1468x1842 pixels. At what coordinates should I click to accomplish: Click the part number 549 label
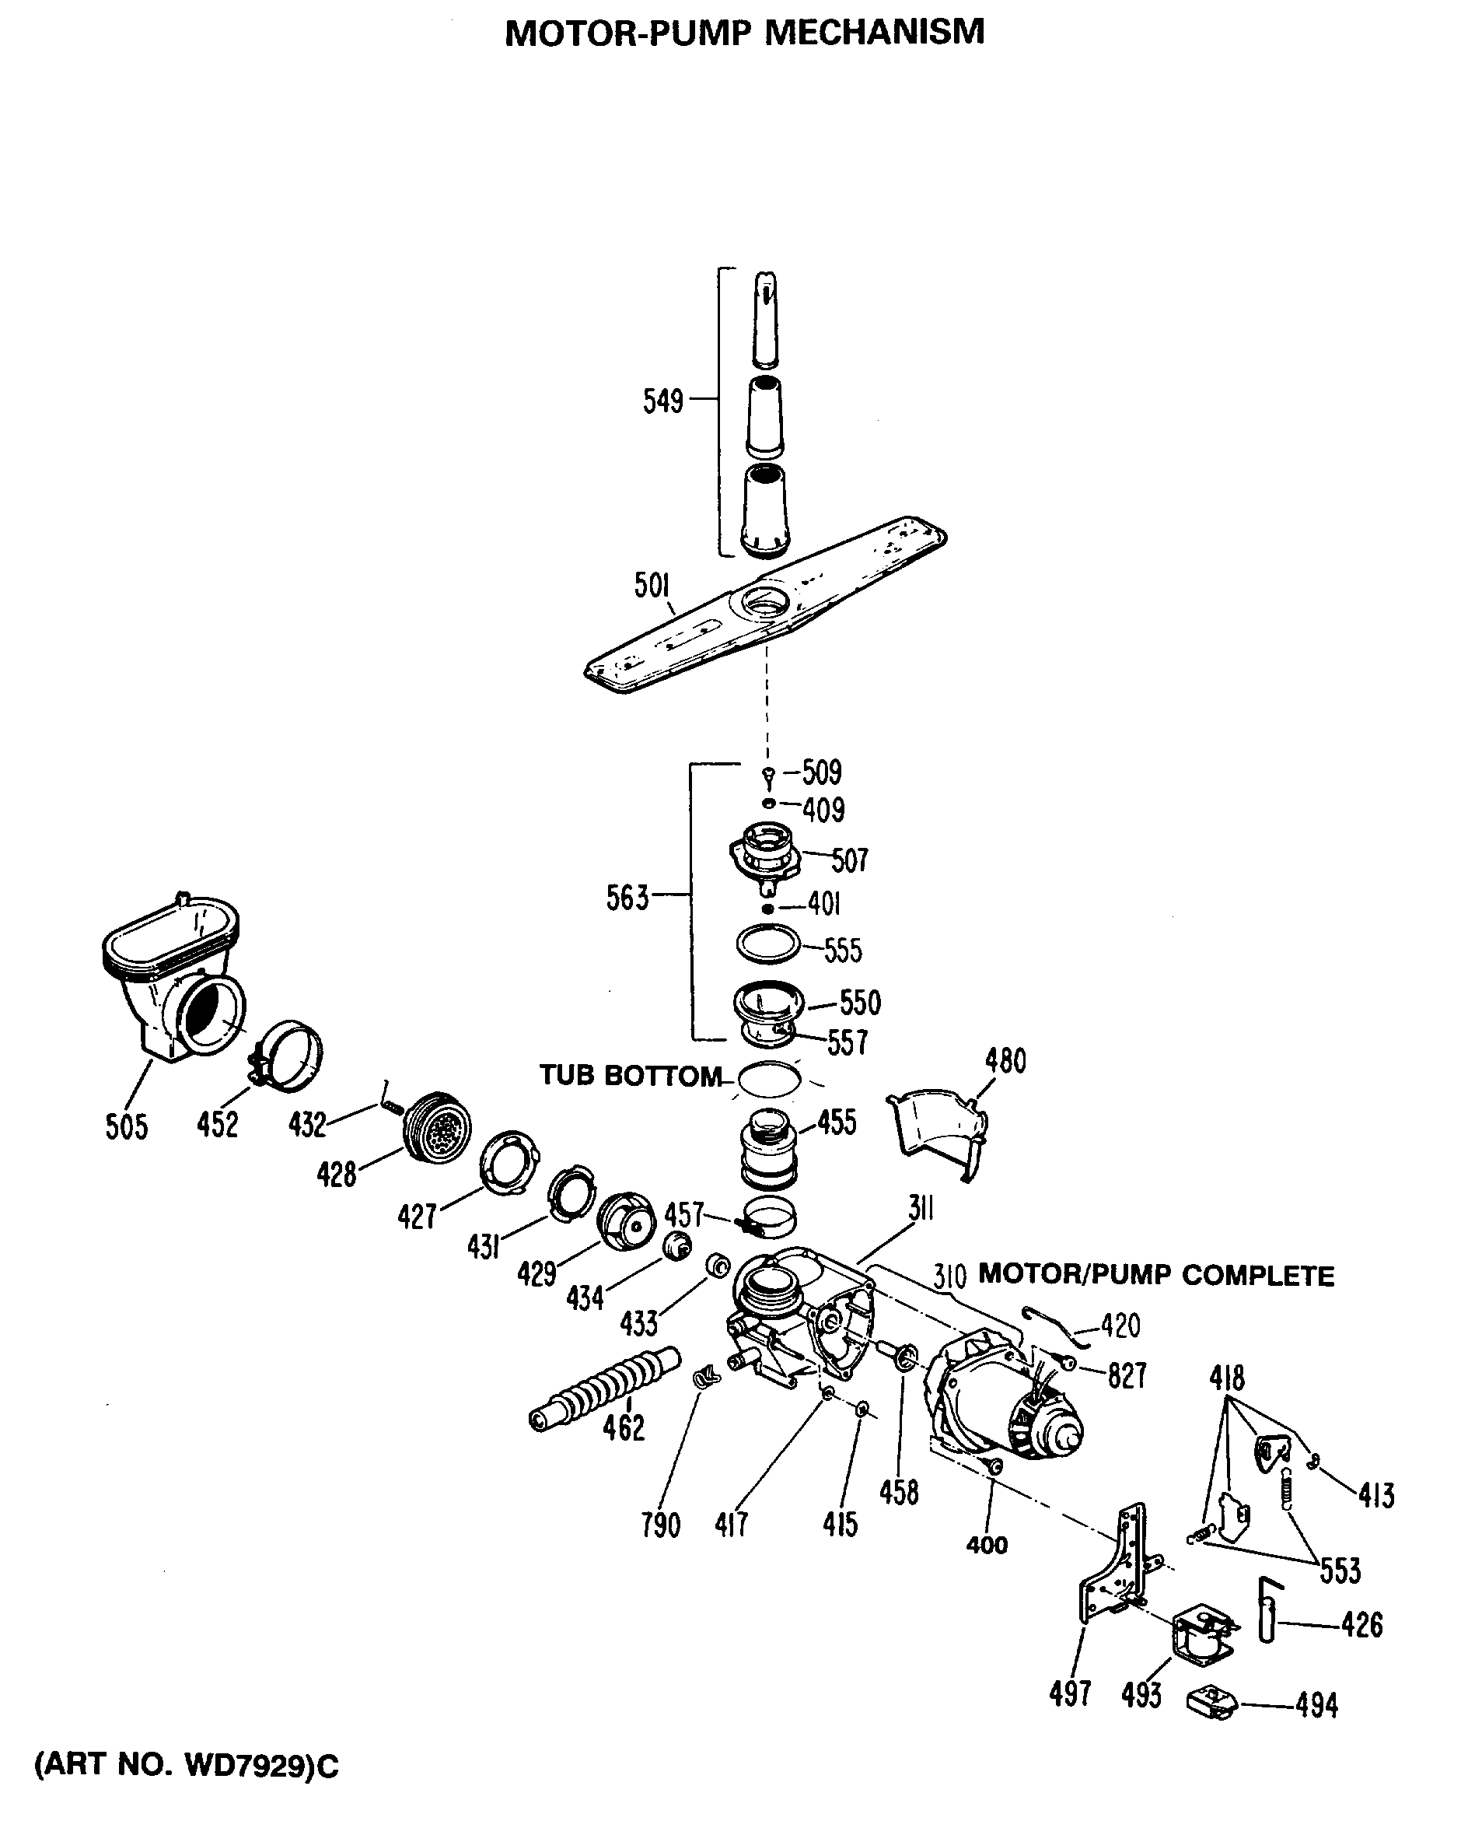point(662,401)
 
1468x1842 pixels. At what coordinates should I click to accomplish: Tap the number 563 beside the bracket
point(627,898)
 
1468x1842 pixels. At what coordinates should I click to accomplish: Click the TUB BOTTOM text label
point(631,1076)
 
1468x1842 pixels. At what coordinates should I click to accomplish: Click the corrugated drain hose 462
point(603,1388)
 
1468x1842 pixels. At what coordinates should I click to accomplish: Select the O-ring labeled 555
point(767,944)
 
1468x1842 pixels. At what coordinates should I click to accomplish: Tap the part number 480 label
point(1005,1061)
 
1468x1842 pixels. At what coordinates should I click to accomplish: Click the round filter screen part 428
point(438,1128)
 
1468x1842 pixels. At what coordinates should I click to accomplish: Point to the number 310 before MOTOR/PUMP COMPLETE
point(949,1277)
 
